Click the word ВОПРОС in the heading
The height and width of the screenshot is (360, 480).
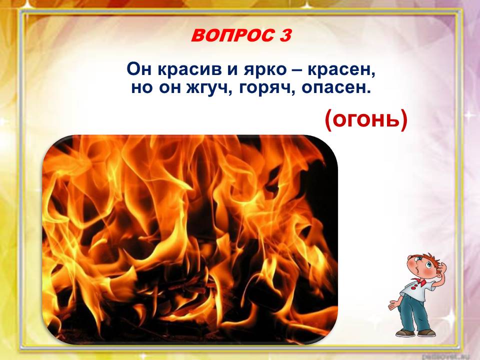[x=231, y=36]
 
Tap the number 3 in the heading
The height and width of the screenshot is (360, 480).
[x=284, y=36]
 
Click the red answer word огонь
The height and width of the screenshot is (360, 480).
[x=366, y=120]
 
